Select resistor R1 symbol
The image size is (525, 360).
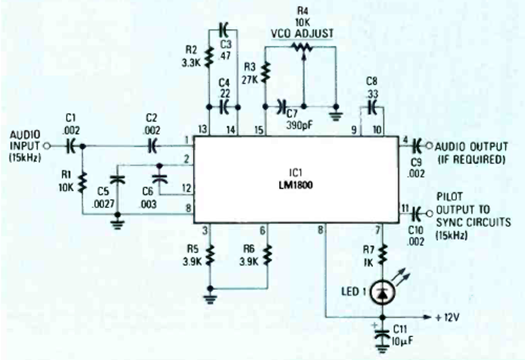83,179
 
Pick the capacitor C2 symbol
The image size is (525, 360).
154,144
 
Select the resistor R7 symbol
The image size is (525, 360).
382,254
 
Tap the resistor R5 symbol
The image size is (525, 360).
210,254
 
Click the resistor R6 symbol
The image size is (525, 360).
268,254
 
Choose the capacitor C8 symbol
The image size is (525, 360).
370,105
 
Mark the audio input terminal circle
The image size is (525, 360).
47,144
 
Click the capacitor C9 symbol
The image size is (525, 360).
417,144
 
